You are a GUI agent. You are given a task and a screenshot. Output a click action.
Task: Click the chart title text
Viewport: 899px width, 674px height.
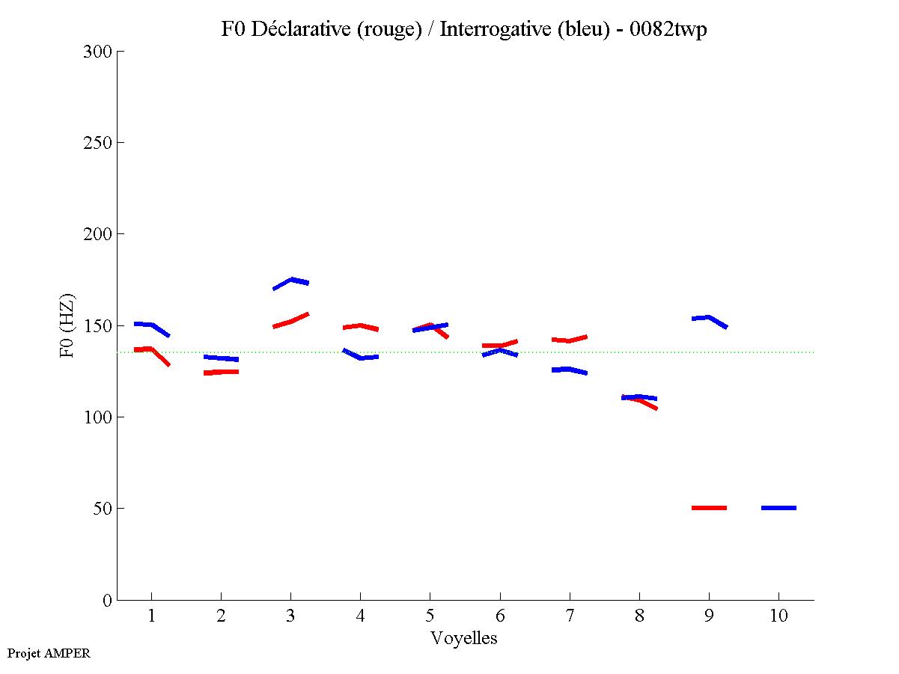[x=463, y=29]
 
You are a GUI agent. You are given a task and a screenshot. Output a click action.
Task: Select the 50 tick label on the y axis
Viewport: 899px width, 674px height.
[x=105, y=509]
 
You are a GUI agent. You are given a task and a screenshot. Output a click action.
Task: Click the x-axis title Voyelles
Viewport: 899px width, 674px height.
[x=463, y=638]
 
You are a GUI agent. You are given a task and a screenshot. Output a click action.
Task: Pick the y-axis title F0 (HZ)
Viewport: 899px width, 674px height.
[x=67, y=325]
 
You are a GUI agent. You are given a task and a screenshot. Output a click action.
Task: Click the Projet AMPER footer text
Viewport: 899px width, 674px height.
[x=49, y=653]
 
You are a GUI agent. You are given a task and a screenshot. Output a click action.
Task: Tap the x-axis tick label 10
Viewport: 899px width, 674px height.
[x=778, y=616]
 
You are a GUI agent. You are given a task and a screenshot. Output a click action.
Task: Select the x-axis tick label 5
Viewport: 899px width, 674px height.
[x=430, y=616]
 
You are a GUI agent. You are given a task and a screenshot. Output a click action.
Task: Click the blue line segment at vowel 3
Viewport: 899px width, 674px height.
[x=291, y=281]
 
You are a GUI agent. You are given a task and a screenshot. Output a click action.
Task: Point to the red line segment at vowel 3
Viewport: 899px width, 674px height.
[x=290, y=321]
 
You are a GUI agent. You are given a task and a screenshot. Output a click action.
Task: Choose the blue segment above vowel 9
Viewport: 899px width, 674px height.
[x=708, y=319]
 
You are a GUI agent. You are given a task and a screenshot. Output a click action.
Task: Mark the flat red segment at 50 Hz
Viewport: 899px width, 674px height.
[x=709, y=508]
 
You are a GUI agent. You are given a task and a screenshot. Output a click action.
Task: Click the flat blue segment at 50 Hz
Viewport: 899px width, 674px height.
[x=778, y=508]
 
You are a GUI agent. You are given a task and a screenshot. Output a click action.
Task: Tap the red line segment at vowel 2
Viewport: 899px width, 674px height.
[x=221, y=372]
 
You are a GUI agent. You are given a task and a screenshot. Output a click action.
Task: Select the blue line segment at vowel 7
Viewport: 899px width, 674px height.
[x=569, y=370]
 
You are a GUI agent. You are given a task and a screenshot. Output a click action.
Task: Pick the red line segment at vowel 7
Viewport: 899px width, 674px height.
[x=569, y=340]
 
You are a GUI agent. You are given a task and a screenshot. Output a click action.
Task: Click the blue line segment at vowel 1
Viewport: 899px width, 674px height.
[x=152, y=326]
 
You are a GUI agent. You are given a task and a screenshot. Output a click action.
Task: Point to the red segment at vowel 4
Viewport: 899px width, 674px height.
[x=360, y=326]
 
